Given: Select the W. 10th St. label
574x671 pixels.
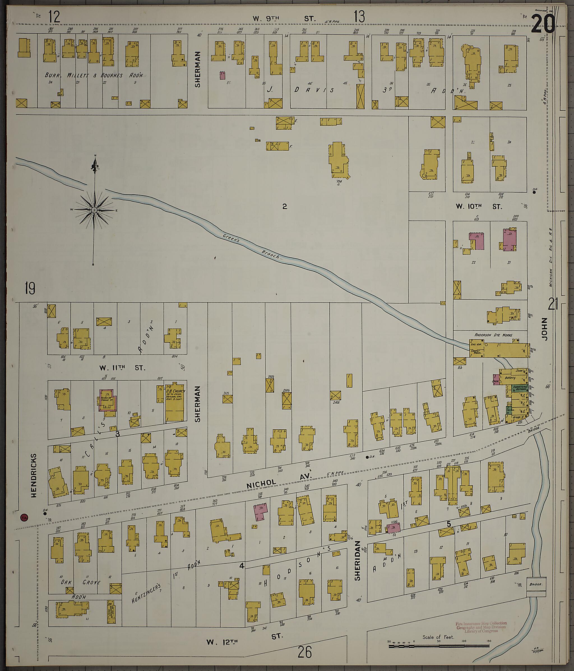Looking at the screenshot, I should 479,207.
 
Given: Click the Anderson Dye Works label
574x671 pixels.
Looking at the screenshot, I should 493,335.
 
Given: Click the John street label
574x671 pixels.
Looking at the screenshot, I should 544,329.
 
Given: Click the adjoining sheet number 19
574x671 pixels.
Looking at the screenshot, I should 29,288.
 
